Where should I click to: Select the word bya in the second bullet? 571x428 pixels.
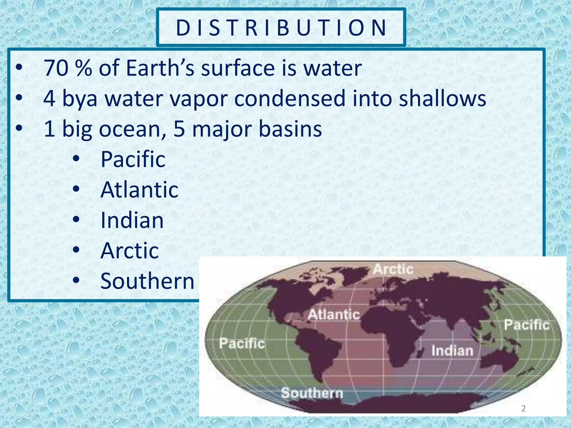[80, 99]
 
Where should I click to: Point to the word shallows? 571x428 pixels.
[442, 99]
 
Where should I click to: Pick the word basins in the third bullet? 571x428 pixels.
[290, 129]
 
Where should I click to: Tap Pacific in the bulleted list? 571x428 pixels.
[133, 159]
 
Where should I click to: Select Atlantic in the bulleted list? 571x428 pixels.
[139, 190]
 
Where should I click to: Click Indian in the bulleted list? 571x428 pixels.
[132, 220]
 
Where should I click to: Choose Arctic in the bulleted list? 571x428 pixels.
[130, 251]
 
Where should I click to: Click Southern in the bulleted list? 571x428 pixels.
[147, 281]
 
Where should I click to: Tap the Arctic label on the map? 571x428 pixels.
[393, 269]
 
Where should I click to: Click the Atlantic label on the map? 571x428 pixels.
[334, 315]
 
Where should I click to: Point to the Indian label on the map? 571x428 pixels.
[452, 351]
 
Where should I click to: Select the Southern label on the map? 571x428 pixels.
[312, 393]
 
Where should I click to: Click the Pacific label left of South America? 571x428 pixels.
[242, 343]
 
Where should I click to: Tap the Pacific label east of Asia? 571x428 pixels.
[527, 325]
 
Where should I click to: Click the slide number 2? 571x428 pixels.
[523, 408]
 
